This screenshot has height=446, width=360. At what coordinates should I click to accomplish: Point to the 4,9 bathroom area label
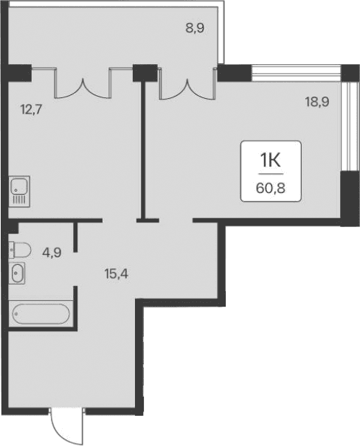50,251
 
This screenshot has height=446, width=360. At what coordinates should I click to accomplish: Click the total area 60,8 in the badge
271,187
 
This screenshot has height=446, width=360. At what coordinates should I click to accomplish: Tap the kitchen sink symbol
18,191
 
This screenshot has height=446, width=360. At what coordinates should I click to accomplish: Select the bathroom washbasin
18,273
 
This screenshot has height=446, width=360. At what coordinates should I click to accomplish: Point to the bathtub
41,315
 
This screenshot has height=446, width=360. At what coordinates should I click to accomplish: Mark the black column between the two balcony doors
145,73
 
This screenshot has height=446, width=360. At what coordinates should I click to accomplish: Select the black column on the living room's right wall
346,194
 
